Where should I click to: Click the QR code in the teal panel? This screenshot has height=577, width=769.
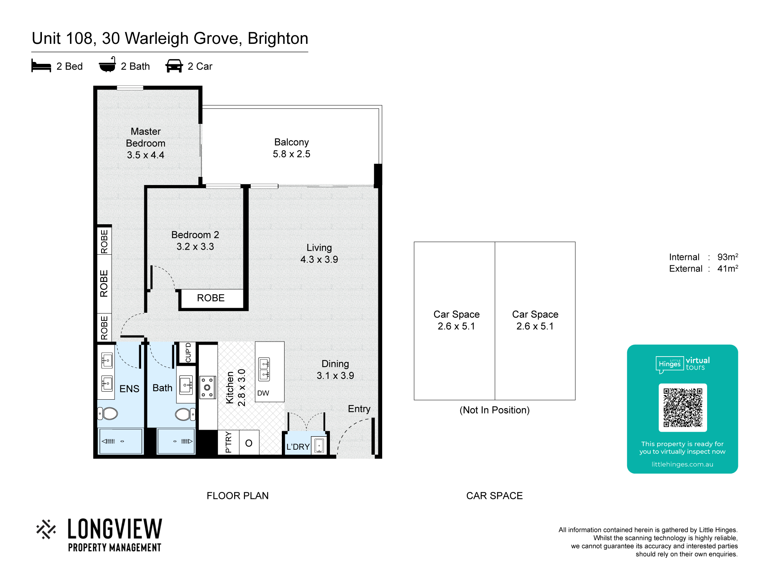point(682,407)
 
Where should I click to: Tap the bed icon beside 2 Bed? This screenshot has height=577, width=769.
point(41,66)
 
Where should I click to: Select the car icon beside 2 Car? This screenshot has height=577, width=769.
point(174,66)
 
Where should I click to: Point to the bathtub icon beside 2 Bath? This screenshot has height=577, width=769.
point(107,65)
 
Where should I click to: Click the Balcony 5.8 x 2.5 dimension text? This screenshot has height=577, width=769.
point(291,154)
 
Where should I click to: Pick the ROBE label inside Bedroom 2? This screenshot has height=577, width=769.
point(211,298)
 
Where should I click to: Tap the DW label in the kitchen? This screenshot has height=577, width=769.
point(263,393)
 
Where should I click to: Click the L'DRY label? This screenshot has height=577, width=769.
point(298,447)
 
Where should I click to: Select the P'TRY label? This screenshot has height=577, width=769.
point(228,442)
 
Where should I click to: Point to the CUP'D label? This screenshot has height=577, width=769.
point(188,352)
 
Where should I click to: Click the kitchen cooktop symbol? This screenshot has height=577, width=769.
point(208,387)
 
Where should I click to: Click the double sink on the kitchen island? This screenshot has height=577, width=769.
point(265,369)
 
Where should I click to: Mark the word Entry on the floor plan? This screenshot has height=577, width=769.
point(359,409)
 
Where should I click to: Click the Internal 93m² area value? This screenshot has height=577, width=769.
point(727,257)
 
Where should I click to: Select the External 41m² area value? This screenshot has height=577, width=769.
point(727,268)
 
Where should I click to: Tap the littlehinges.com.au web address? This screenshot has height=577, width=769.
point(682,464)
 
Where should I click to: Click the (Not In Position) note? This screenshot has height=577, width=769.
point(494,410)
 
